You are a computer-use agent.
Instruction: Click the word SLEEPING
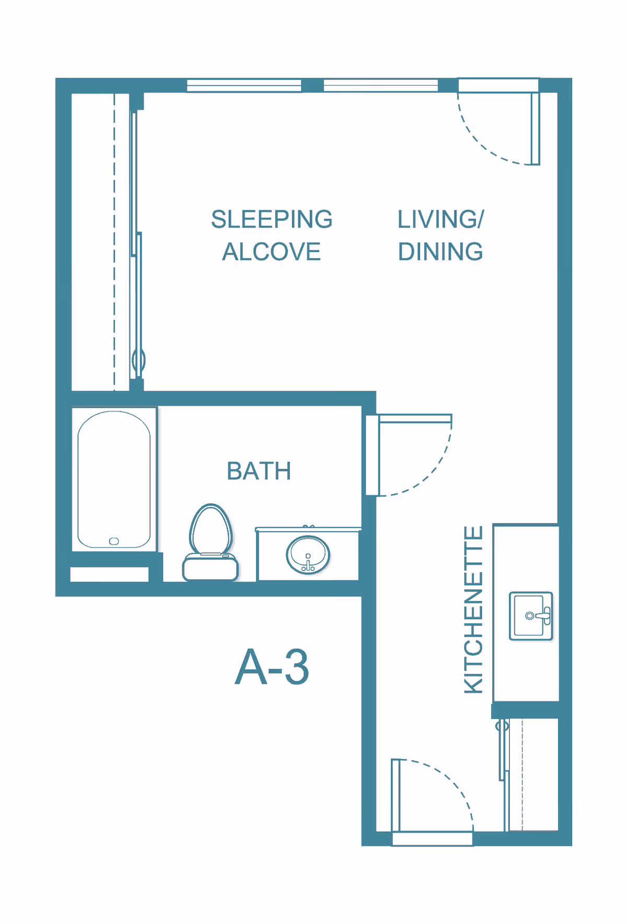pyautogui.click(x=272, y=219)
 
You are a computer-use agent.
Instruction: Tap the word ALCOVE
pyautogui.click(x=271, y=252)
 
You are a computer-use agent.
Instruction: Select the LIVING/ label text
pyautogui.click(x=440, y=219)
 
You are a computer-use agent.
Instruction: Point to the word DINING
pyautogui.click(x=440, y=252)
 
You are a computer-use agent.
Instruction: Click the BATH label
pyautogui.click(x=259, y=471)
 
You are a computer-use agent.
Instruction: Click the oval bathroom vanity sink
pyautogui.click(x=308, y=555)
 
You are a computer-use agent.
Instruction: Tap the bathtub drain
pyautogui.click(x=114, y=541)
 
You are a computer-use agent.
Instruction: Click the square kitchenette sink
pyautogui.click(x=530, y=616)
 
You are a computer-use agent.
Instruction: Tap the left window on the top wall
pyautogui.click(x=244, y=86)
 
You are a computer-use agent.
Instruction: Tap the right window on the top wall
pyautogui.click(x=380, y=85)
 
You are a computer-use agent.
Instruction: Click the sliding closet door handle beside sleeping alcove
pyautogui.click(x=138, y=360)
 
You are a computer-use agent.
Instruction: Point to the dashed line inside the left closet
pyautogui.click(x=114, y=240)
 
